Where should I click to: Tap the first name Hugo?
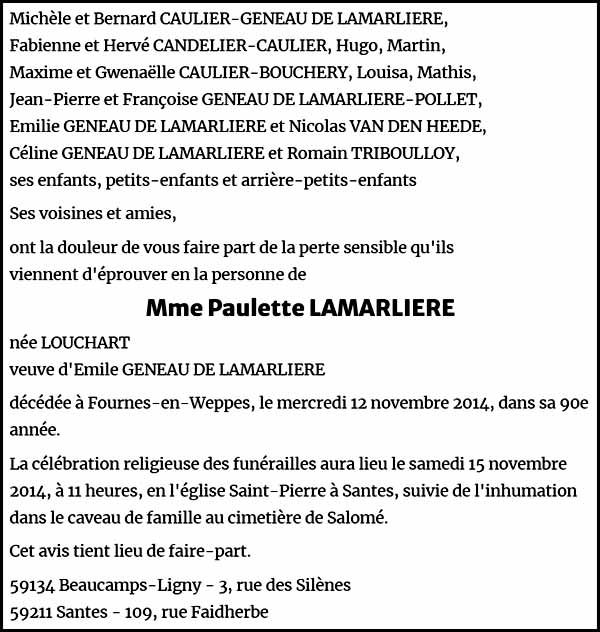358,46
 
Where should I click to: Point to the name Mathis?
449,73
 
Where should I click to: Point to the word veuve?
33,370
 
